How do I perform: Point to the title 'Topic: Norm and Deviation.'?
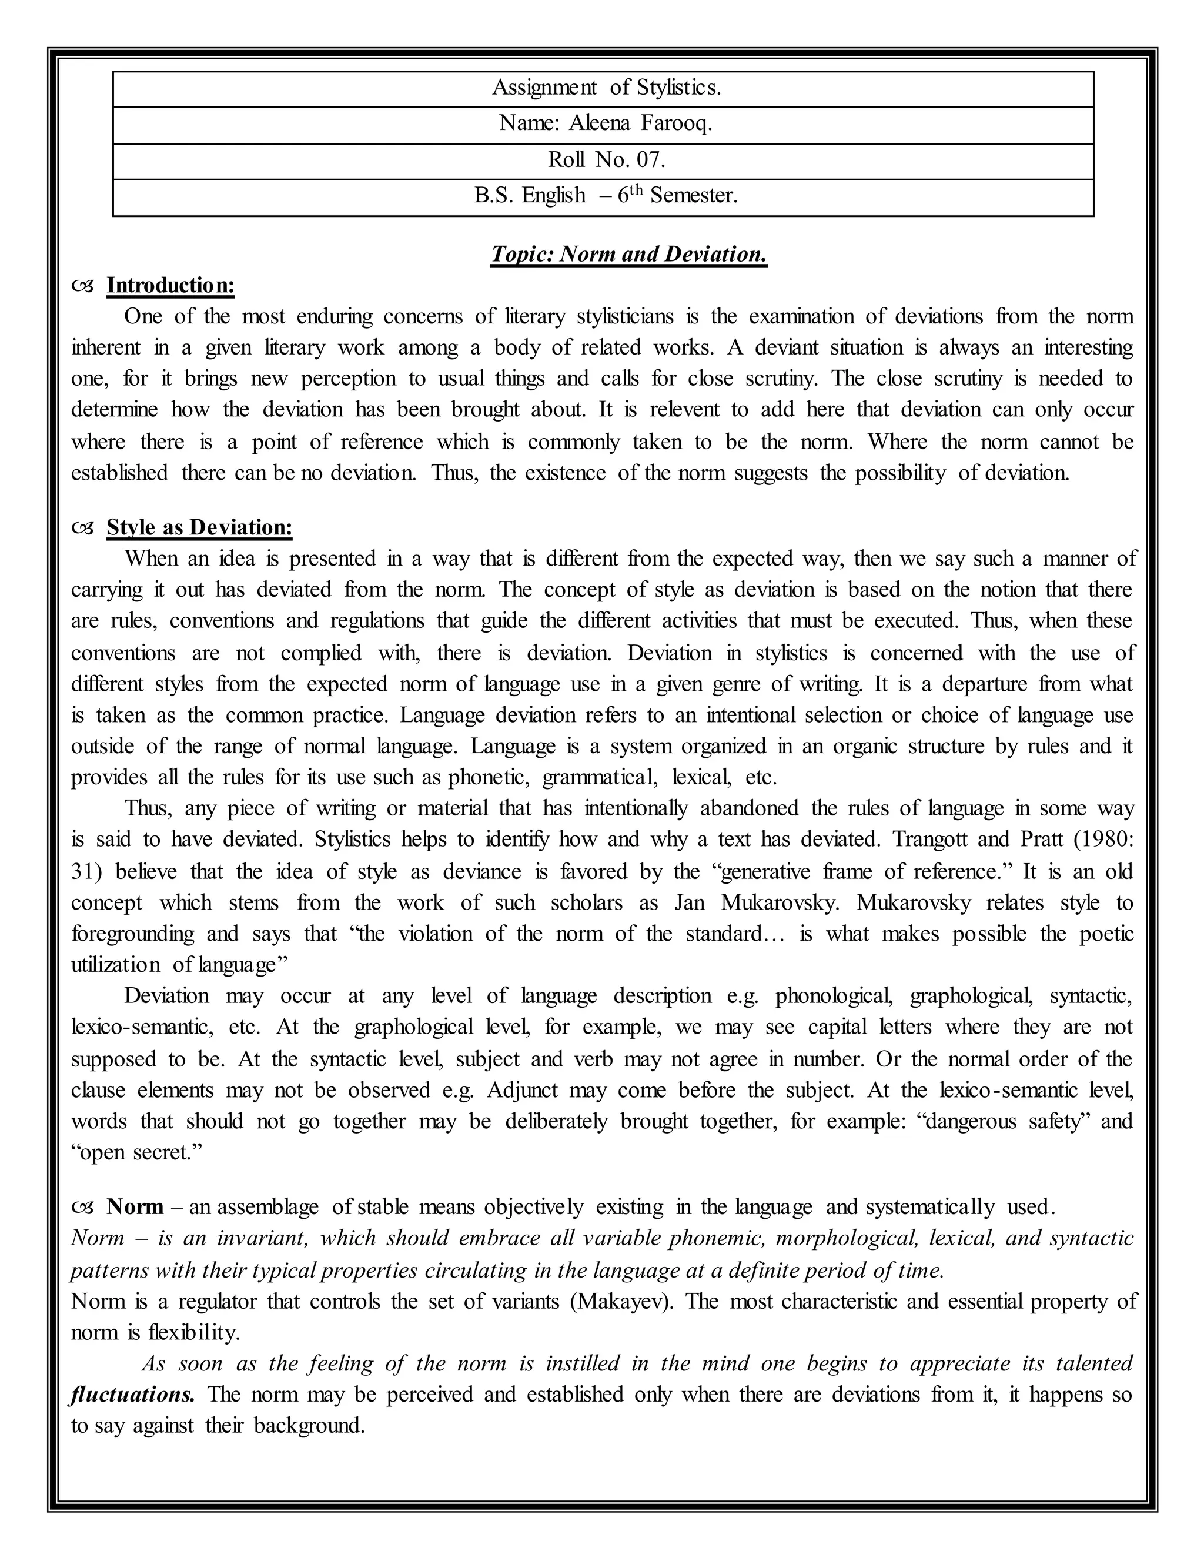tap(628, 254)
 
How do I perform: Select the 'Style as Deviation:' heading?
tap(199, 527)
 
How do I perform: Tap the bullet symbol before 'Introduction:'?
tap(83, 286)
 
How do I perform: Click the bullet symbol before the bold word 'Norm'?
tap(83, 1208)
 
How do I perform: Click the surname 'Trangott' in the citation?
tap(928, 839)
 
